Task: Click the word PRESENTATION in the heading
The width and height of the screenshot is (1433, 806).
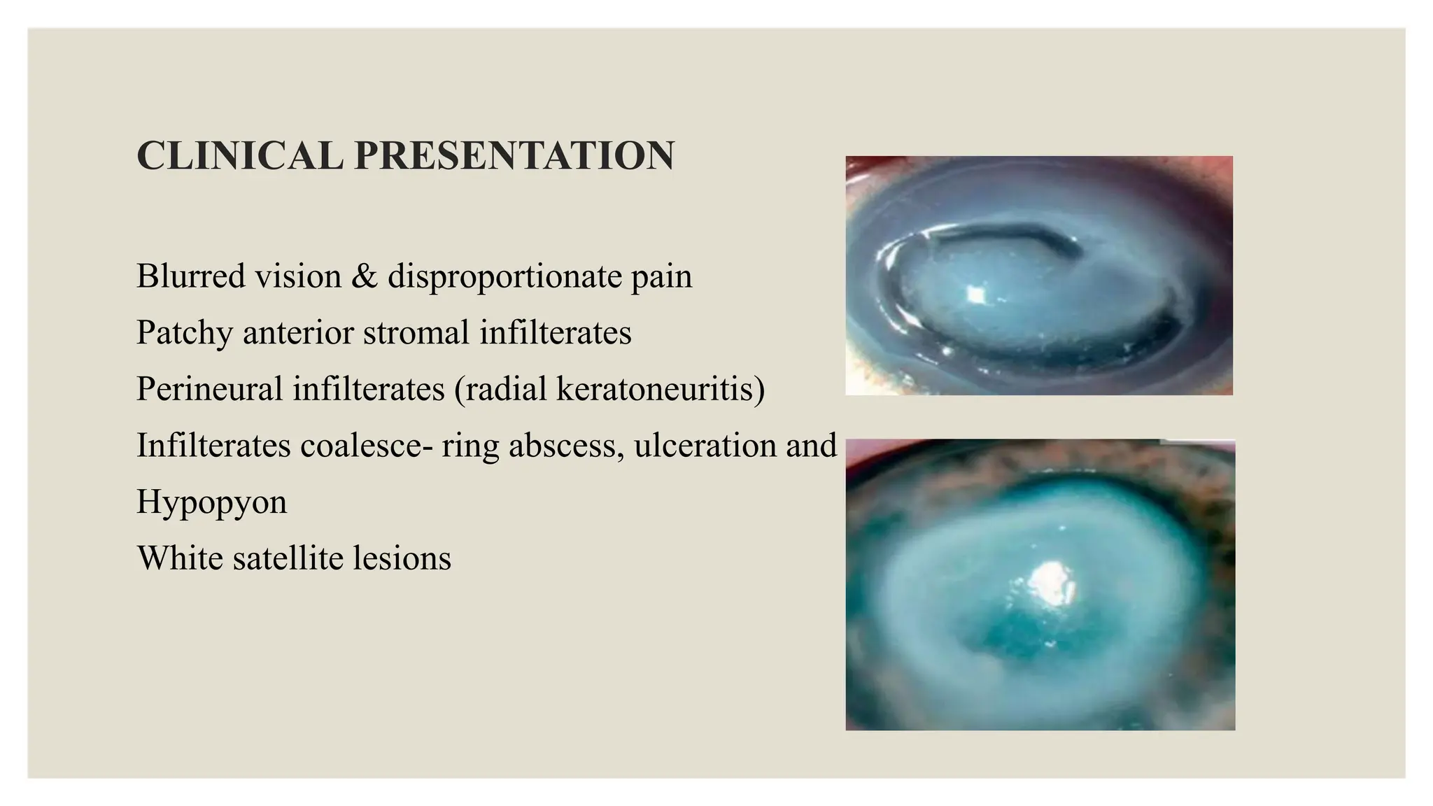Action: (514, 155)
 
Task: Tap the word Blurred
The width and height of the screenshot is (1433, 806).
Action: (190, 276)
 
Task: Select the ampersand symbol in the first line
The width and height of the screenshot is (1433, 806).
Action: (365, 276)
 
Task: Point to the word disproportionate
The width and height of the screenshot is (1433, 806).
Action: (504, 277)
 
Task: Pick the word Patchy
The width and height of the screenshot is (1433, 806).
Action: (184, 333)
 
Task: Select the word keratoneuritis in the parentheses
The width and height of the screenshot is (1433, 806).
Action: (656, 388)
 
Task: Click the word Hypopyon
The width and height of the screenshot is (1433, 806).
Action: (211, 502)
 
